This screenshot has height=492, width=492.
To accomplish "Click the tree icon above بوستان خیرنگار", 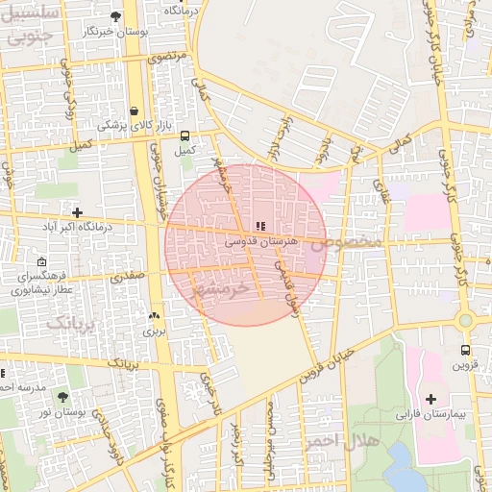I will pyautogui.click(x=116, y=16).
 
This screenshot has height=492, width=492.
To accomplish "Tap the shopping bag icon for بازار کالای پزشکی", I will pyautogui.click(x=134, y=111).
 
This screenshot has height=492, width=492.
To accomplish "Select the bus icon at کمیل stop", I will pyautogui.click(x=184, y=135).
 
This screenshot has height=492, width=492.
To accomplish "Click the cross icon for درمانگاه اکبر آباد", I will pyautogui.click(x=78, y=211).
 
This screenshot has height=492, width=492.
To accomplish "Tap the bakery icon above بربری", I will pyautogui.click(x=154, y=315).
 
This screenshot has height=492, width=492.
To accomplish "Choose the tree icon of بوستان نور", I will pyautogui.click(x=63, y=396).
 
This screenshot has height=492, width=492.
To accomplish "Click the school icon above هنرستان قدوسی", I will pyautogui.click(x=261, y=227).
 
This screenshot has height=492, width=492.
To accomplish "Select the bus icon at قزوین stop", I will pyautogui.click(x=465, y=350).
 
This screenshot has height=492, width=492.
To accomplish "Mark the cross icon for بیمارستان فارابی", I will pyautogui.click(x=430, y=398).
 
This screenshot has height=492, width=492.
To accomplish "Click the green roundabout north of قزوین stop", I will pyautogui.click(x=465, y=320).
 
